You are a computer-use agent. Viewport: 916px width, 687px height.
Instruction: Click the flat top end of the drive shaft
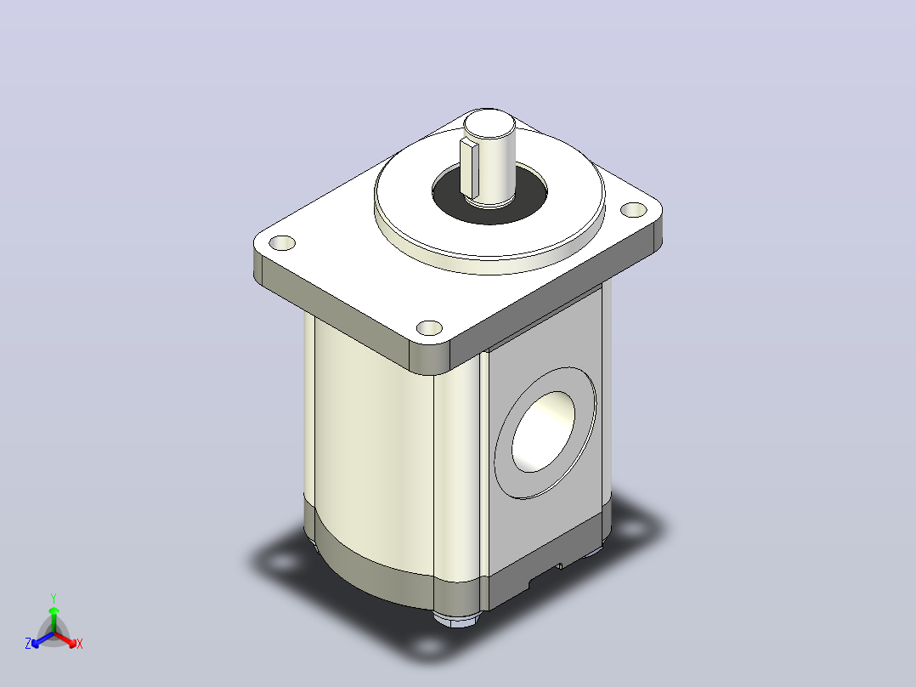tap(489, 123)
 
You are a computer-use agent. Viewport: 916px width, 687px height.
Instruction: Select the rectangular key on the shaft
tap(469, 167)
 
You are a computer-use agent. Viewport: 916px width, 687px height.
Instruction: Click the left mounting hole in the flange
tap(282, 242)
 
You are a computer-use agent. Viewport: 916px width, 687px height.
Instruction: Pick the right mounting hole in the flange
tap(633, 209)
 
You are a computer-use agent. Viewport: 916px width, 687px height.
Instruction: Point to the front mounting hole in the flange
tap(429, 328)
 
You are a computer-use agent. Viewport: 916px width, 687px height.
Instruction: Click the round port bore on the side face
tap(543, 431)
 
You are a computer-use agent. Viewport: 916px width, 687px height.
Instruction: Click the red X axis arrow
tap(65, 639)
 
